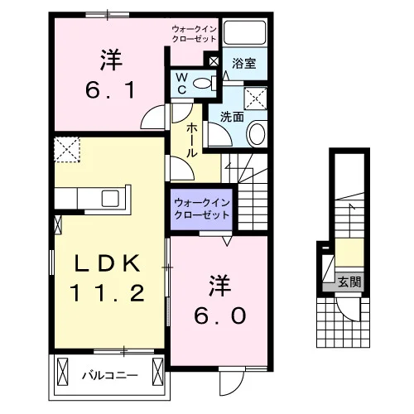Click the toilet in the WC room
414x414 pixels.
point(205,84)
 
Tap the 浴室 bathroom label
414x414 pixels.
point(244,64)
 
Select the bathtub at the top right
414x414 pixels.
point(244,32)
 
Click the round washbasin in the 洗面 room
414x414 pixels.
point(258,134)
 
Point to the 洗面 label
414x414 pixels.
point(232,117)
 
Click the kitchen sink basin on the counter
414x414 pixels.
point(110,199)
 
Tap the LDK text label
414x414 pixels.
point(108,263)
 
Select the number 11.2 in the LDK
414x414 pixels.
point(108,293)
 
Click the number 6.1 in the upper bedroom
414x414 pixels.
point(110,90)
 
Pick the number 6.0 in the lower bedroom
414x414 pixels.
point(220,315)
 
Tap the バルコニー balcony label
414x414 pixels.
point(110,375)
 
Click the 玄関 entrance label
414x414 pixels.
point(349,282)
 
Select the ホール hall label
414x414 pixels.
point(192,140)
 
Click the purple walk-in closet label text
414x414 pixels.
point(202,209)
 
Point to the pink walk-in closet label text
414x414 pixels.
point(194,34)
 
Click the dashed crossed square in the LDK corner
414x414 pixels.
point(67,149)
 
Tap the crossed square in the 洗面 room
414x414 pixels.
point(256,99)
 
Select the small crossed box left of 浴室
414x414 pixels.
point(214,61)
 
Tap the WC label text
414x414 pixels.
point(181,84)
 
